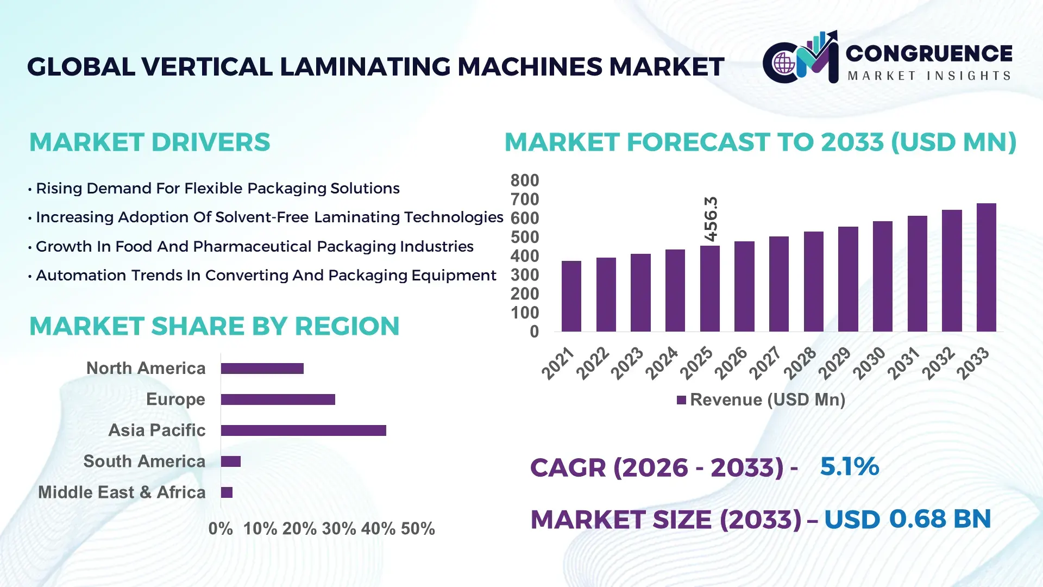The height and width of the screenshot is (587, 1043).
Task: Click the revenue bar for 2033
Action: pos(986,267)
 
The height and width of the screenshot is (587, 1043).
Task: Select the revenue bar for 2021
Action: pos(571,296)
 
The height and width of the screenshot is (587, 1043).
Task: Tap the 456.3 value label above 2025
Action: pos(711,219)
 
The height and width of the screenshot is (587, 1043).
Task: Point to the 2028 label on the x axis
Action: pos(800,363)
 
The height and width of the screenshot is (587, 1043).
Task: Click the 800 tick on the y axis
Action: pos(524,180)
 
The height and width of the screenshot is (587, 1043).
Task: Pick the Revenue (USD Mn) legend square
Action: pos(681,400)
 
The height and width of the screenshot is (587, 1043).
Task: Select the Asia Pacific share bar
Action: pos(303,430)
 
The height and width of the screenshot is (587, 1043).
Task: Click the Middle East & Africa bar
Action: pos(227,492)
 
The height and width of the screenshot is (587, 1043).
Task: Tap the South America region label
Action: pos(144,461)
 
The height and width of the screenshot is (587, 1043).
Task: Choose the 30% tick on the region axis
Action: pos(339,528)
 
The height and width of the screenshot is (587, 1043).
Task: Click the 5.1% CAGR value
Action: pos(849,466)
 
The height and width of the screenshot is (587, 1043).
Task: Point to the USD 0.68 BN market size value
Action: pos(907,519)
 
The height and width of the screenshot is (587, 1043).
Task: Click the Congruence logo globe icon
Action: pos(784,64)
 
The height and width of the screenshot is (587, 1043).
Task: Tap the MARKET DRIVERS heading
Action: pos(149,142)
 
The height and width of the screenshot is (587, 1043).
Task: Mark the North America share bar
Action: pos(262,369)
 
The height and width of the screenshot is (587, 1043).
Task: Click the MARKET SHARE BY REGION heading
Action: pos(214,326)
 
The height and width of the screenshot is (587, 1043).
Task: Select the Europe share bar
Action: pos(278,399)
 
